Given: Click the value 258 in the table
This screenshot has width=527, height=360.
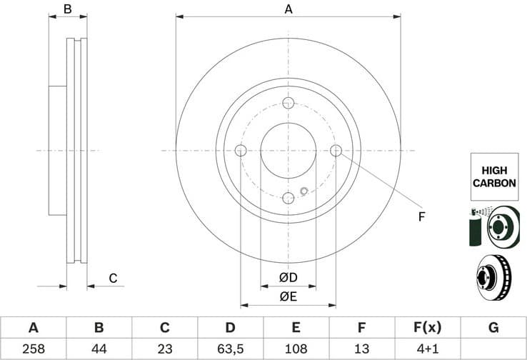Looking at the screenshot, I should point(33,349).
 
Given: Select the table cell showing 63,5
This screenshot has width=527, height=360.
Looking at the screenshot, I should point(230,349).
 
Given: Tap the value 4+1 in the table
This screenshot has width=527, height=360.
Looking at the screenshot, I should point(427,349).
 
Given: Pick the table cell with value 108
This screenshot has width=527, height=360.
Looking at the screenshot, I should point(296,349).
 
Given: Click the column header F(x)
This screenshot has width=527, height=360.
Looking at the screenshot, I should point(427,328).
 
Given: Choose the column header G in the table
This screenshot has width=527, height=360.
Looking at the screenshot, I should point(493,328).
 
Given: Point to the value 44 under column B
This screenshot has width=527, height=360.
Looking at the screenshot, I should point(99,349).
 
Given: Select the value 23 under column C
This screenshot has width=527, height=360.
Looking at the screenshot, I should point(164,349).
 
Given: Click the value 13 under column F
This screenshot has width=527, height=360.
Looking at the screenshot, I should point(361,349).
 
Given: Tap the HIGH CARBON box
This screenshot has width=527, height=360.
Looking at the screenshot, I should point(493,176).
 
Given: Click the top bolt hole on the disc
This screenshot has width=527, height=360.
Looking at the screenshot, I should point(288,103).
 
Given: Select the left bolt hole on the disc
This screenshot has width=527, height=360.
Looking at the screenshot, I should point(240,151).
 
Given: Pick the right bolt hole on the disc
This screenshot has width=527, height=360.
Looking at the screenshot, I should point(336,150).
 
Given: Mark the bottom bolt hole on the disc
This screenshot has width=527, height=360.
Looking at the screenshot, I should point(288,198).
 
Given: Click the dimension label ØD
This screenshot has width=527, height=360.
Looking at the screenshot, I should point(288,277).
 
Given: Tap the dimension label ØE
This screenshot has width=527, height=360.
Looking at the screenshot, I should point(288,296).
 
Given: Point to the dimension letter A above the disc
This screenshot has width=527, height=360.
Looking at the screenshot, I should point(288,9).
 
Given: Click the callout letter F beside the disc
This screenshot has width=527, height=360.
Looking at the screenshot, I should point(421,216).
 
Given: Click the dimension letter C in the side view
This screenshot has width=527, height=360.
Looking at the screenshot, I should point(112,278).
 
